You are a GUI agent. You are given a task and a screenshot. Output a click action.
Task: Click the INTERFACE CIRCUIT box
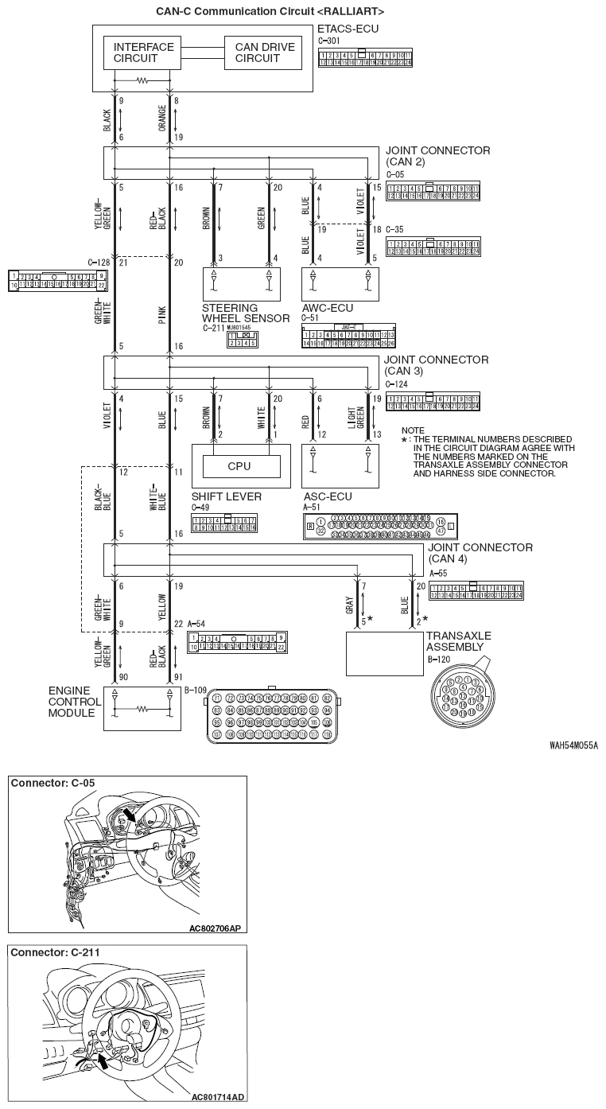[x=143, y=53]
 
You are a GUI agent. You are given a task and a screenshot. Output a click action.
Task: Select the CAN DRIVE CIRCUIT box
[x=264, y=53]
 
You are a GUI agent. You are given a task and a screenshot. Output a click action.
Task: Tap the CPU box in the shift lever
[x=239, y=466]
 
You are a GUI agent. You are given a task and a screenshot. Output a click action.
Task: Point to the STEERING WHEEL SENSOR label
[x=245, y=313]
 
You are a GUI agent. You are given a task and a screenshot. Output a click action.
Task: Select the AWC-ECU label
[x=327, y=308]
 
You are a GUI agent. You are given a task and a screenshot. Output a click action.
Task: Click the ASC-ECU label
[x=327, y=496]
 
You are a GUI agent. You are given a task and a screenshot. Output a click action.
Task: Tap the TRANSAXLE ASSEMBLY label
[x=458, y=641]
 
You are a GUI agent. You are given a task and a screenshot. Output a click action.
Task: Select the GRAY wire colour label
[x=350, y=605]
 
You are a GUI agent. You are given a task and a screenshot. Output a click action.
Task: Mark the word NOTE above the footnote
[x=413, y=430]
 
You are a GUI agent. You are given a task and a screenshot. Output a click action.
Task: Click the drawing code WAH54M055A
[x=573, y=745]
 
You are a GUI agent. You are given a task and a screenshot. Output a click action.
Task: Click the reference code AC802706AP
[x=215, y=928]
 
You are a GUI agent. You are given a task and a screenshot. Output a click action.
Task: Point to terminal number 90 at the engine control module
[x=122, y=677]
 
